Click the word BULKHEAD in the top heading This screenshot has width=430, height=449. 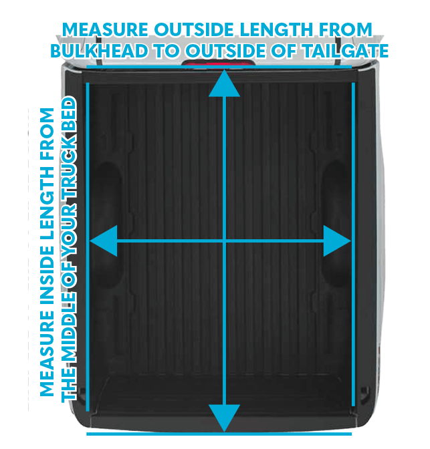click(100, 51)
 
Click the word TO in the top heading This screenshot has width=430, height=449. click(167, 51)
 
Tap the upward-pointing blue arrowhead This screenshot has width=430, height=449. click(224, 84)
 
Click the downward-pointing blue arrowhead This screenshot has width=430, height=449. click(224, 418)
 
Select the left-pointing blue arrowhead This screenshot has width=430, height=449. click(104, 241)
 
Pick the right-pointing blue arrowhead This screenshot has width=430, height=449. click(338, 241)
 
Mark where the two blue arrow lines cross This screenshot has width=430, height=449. click(224, 241)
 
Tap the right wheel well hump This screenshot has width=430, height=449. click(336, 223)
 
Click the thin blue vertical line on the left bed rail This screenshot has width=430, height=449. click(88, 247)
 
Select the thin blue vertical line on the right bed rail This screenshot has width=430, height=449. click(354, 245)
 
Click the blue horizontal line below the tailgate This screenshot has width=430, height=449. click(219, 434)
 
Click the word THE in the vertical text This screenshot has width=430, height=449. click(69, 383)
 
